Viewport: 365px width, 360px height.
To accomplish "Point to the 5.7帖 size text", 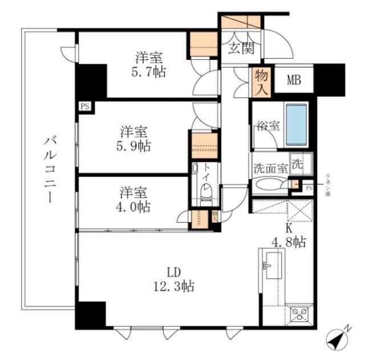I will click(x=149, y=73).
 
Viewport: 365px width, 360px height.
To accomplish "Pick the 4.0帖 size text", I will click(x=135, y=206).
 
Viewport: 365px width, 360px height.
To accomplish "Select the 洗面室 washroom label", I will click(x=270, y=169).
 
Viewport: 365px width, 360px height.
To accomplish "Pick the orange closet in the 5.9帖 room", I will click(x=204, y=146).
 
